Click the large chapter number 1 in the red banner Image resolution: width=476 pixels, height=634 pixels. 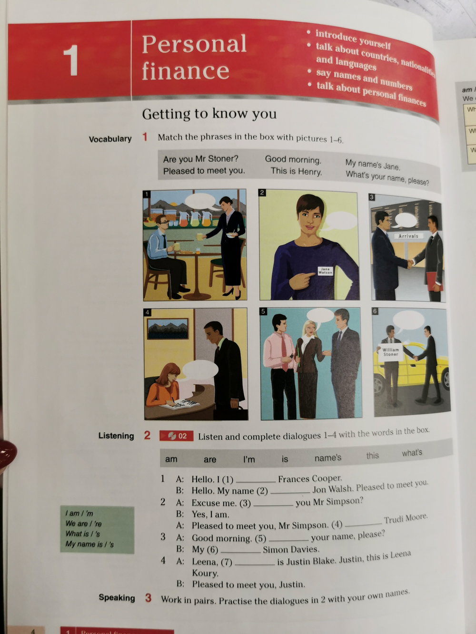click(x=71, y=60)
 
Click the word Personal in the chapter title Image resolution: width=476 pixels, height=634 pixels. click(x=194, y=44)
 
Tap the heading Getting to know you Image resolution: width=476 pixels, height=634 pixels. click(x=209, y=114)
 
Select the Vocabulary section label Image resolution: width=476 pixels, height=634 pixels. click(x=110, y=139)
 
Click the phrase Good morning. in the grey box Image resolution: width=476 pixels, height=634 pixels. click(x=293, y=160)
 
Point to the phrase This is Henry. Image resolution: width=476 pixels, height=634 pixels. click(x=296, y=171)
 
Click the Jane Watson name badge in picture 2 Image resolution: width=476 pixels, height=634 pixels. click(x=325, y=271)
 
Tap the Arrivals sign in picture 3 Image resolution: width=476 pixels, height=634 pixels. click(x=408, y=236)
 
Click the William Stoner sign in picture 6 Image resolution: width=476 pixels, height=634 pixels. click(x=390, y=352)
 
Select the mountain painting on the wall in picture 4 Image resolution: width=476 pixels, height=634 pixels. click(x=168, y=328)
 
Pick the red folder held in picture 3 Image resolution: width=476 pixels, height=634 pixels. click(x=434, y=281)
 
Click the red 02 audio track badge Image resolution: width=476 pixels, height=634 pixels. click(x=177, y=436)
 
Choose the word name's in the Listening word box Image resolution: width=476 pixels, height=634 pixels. click(x=327, y=458)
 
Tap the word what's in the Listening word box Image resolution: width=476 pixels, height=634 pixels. click(x=411, y=453)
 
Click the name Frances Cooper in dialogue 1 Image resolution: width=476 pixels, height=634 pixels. click(x=310, y=478)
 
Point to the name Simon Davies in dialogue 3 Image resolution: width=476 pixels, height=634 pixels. click(x=290, y=549)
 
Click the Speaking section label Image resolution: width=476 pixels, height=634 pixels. click(x=117, y=597)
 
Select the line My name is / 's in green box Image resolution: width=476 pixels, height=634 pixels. click(x=89, y=544)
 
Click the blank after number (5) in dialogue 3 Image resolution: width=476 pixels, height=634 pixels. click(x=288, y=539)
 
